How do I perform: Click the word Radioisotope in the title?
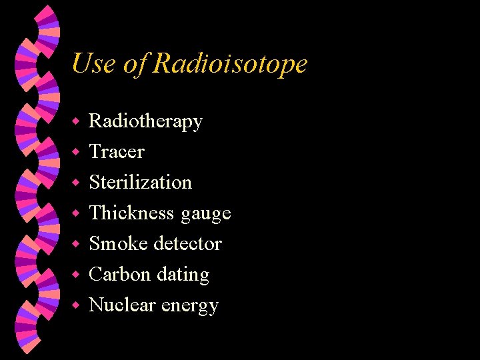230,64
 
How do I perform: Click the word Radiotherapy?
145,121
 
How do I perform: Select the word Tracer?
117,152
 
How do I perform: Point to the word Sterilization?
140,182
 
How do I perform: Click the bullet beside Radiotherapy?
77,122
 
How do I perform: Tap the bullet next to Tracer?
77,153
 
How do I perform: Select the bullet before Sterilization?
77,183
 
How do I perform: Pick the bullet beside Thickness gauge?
77,213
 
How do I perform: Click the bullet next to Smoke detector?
77,244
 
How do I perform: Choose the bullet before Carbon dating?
77,275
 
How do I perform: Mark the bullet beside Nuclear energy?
77,305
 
